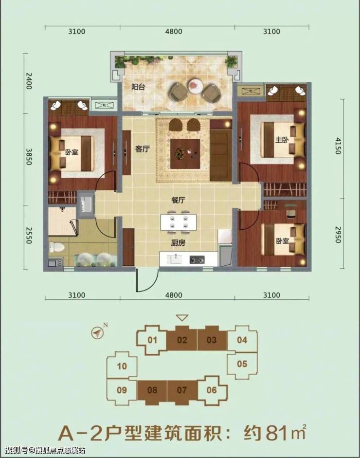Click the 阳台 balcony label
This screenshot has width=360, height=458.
coord(138,87)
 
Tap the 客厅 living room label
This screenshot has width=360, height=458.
coord(142,149)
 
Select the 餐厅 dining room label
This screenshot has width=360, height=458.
coord(178,201)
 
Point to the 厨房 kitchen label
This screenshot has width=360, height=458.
coord(178,243)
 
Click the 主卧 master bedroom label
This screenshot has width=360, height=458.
coord(282,140)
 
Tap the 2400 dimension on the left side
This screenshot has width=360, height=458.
coord(29,81)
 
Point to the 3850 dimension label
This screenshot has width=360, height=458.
coord(29,157)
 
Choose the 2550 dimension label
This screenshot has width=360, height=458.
coord(29,236)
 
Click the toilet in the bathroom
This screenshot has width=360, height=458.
coord(56,247)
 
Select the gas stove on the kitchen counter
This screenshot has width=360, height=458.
coord(197,259)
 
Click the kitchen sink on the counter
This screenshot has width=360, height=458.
coord(174,258)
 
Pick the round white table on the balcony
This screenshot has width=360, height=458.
coord(196,86)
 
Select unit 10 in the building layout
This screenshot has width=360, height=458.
coord(122,366)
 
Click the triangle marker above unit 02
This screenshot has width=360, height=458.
coord(182,317)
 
